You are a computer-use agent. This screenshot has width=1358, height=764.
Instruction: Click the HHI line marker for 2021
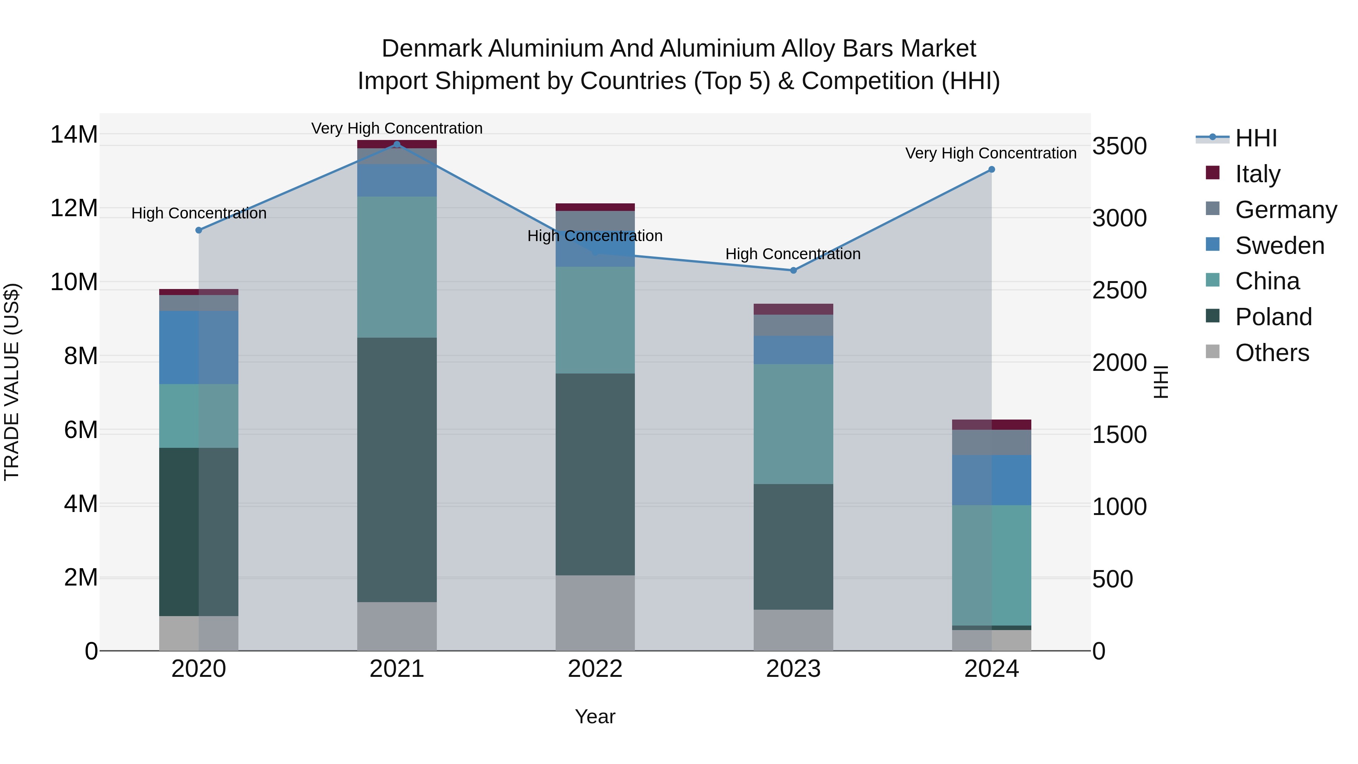tap(397, 144)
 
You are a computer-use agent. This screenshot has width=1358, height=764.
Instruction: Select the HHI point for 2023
tap(793, 271)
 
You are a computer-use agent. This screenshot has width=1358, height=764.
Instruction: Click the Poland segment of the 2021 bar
tap(397, 469)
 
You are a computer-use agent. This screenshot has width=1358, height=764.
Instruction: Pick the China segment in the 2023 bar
tap(793, 424)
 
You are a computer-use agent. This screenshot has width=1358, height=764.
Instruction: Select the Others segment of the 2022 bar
tap(595, 613)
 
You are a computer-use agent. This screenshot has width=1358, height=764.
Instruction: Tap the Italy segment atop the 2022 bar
tap(595, 207)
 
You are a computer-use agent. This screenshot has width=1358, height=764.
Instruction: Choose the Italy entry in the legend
tap(1257, 174)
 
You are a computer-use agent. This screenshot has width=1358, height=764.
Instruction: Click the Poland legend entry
tap(1273, 317)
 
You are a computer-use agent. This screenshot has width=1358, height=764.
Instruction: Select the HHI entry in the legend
tap(1256, 138)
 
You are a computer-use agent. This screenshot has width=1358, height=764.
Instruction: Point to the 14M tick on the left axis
tap(74, 134)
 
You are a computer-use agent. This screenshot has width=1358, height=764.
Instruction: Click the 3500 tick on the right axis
tap(1119, 146)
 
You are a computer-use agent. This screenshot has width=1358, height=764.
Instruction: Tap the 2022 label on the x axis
tap(595, 669)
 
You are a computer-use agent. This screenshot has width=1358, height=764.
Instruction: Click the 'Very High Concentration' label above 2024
tap(991, 154)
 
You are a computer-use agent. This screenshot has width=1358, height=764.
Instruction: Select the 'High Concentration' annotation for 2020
tap(199, 214)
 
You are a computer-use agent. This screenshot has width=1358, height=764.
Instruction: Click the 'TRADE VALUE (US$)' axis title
tap(12, 382)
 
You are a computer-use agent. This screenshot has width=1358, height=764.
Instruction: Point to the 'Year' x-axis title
tap(595, 716)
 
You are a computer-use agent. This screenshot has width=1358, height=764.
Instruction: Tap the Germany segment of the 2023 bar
tap(793, 325)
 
